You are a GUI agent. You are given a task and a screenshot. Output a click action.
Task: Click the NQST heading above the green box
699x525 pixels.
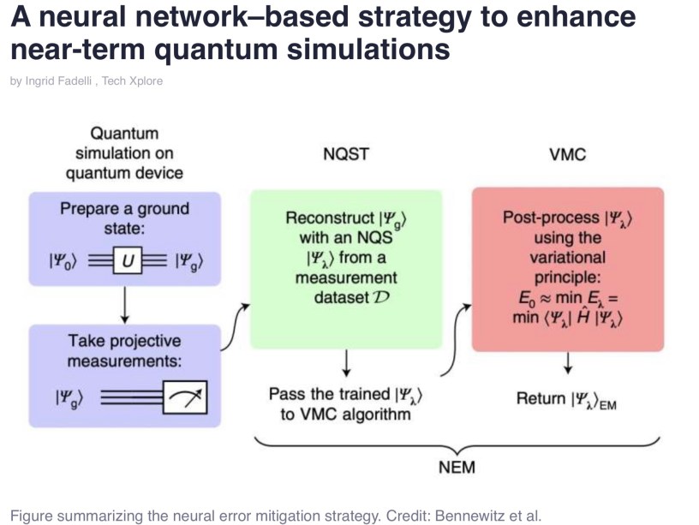pyautogui.click(x=346, y=154)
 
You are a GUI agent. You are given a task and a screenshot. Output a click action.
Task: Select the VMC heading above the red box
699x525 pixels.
pyautogui.click(x=567, y=154)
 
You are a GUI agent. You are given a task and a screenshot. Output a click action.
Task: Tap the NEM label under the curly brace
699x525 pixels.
pyautogui.click(x=456, y=468)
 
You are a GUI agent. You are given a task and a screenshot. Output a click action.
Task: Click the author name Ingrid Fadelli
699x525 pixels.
pyautogui.click(x=58, y=81)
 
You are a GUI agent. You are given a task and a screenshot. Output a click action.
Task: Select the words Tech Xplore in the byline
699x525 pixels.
pyautogui.click(x=133, y=81)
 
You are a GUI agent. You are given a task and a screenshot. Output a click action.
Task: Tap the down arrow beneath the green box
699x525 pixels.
pyautogui.click(x=346, y=365)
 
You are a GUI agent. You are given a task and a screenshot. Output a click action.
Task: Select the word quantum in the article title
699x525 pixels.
pyautogui.click(x=219, y=49)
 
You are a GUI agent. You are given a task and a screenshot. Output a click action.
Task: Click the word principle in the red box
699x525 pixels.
pyautogui.click(x=567, y=277)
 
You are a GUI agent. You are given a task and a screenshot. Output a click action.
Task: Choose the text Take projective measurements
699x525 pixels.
pyautogui.click(x=125, y=351)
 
